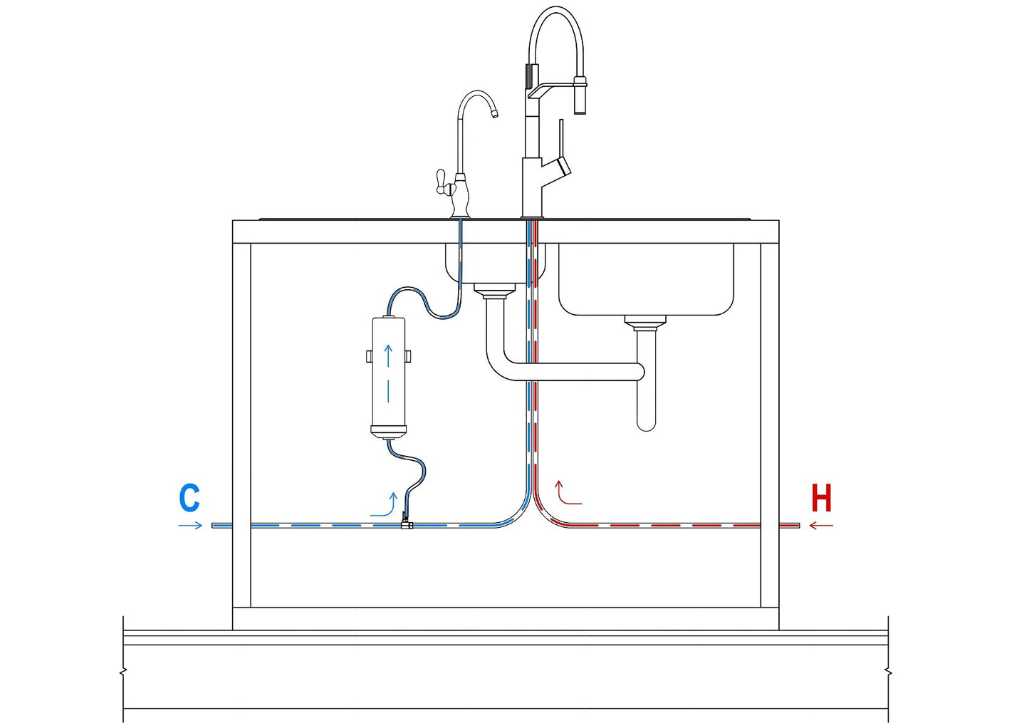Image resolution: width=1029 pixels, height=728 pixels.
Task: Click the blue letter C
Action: (x=189, y=498)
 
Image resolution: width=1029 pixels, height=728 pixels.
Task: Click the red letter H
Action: (x=821, y=498)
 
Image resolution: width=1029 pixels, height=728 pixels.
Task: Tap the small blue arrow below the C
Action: (x=190, y=526)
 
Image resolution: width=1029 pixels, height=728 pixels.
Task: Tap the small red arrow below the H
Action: (x=821, y=526)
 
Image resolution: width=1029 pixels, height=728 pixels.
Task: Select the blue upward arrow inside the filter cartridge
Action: (x=388, y=356)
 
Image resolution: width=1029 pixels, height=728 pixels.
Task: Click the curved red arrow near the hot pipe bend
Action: (x=565, y=493)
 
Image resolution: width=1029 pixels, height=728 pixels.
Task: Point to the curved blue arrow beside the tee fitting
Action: (x=385, y=504)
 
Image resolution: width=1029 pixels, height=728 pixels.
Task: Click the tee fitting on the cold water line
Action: (x=406, y=524)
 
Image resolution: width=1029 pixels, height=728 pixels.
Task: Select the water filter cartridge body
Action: (x=388, y=374)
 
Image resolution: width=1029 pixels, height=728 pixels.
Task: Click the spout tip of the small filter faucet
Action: (x=494, y=113)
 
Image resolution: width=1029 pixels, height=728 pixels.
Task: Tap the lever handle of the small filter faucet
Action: (x=441, y=181)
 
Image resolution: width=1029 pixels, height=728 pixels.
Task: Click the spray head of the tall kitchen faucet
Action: (x=580, y=95)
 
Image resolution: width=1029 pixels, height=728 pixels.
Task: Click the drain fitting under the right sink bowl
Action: (x=645, y=323)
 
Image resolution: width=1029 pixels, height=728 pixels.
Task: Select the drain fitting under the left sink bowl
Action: (x=494, y=290)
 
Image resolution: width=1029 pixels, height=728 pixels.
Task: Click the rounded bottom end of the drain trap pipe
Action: (x=646, y=423)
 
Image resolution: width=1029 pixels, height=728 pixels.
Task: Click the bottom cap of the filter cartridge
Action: (x=388, y=430)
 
